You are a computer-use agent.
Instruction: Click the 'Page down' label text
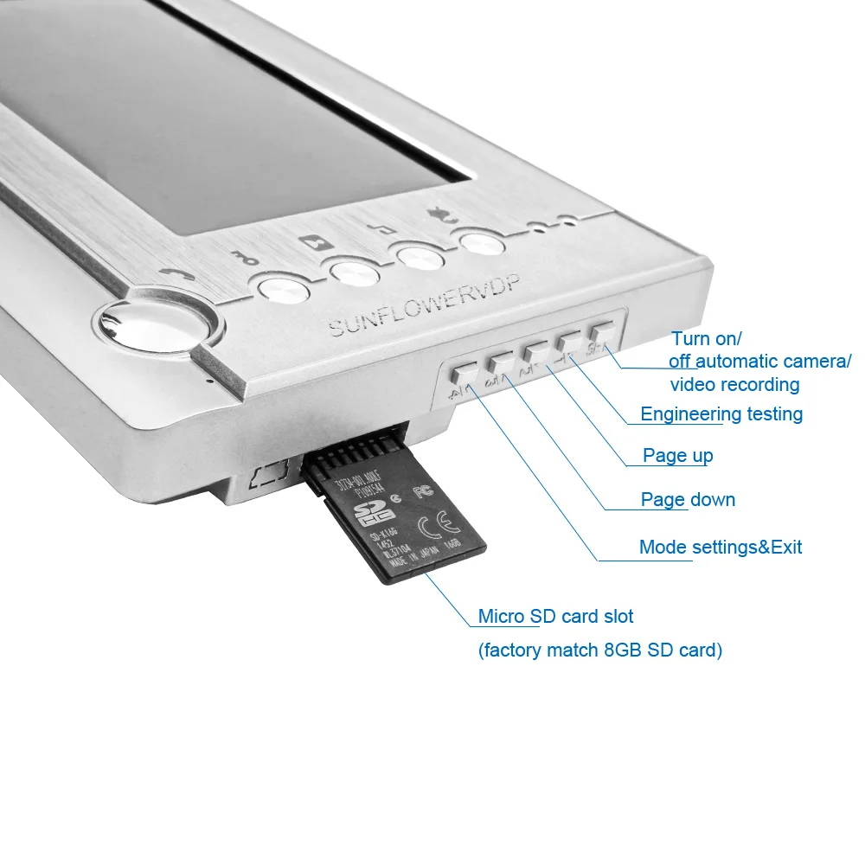point(688,499)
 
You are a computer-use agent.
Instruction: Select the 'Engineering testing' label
point(721,414)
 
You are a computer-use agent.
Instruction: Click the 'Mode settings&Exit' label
point(720,547)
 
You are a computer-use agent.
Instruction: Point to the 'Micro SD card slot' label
point(555,617)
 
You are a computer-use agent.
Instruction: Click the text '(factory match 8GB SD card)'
point(599,650)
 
